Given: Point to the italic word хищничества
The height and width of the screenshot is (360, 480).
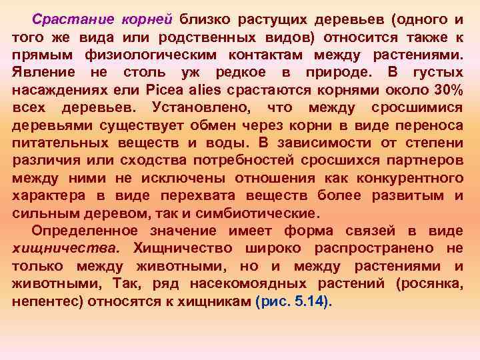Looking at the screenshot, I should click(x=67, y=249).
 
